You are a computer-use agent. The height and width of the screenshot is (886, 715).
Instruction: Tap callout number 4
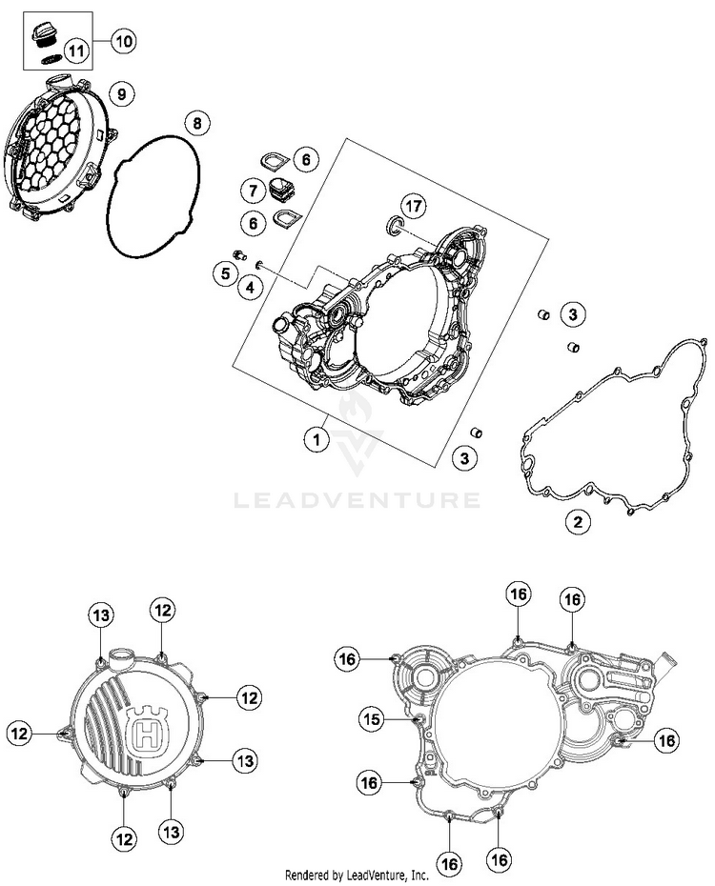251,286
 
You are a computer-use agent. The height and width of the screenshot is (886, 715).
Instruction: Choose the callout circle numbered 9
122,93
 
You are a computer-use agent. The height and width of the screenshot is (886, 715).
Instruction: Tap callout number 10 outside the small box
124,40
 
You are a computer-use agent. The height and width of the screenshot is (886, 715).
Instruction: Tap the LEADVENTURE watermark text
357,499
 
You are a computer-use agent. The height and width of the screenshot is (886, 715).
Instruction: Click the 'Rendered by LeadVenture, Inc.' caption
357,875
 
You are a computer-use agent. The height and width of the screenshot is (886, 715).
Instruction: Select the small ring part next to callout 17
392,225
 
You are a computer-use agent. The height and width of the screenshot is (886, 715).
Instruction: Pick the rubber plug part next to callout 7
280,187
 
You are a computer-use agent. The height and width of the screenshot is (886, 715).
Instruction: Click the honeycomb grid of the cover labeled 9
50,143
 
